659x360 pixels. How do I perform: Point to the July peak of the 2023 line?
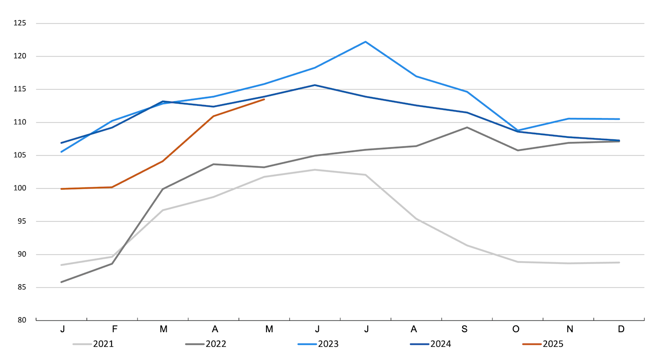point(365,42)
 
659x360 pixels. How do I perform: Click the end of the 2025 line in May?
point(264,99)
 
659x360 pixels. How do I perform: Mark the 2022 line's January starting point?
point(62,282)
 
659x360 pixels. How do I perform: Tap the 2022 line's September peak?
point(467,127)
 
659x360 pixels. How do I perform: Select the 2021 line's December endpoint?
point(619,263)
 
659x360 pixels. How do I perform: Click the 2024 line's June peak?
point(315,85)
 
